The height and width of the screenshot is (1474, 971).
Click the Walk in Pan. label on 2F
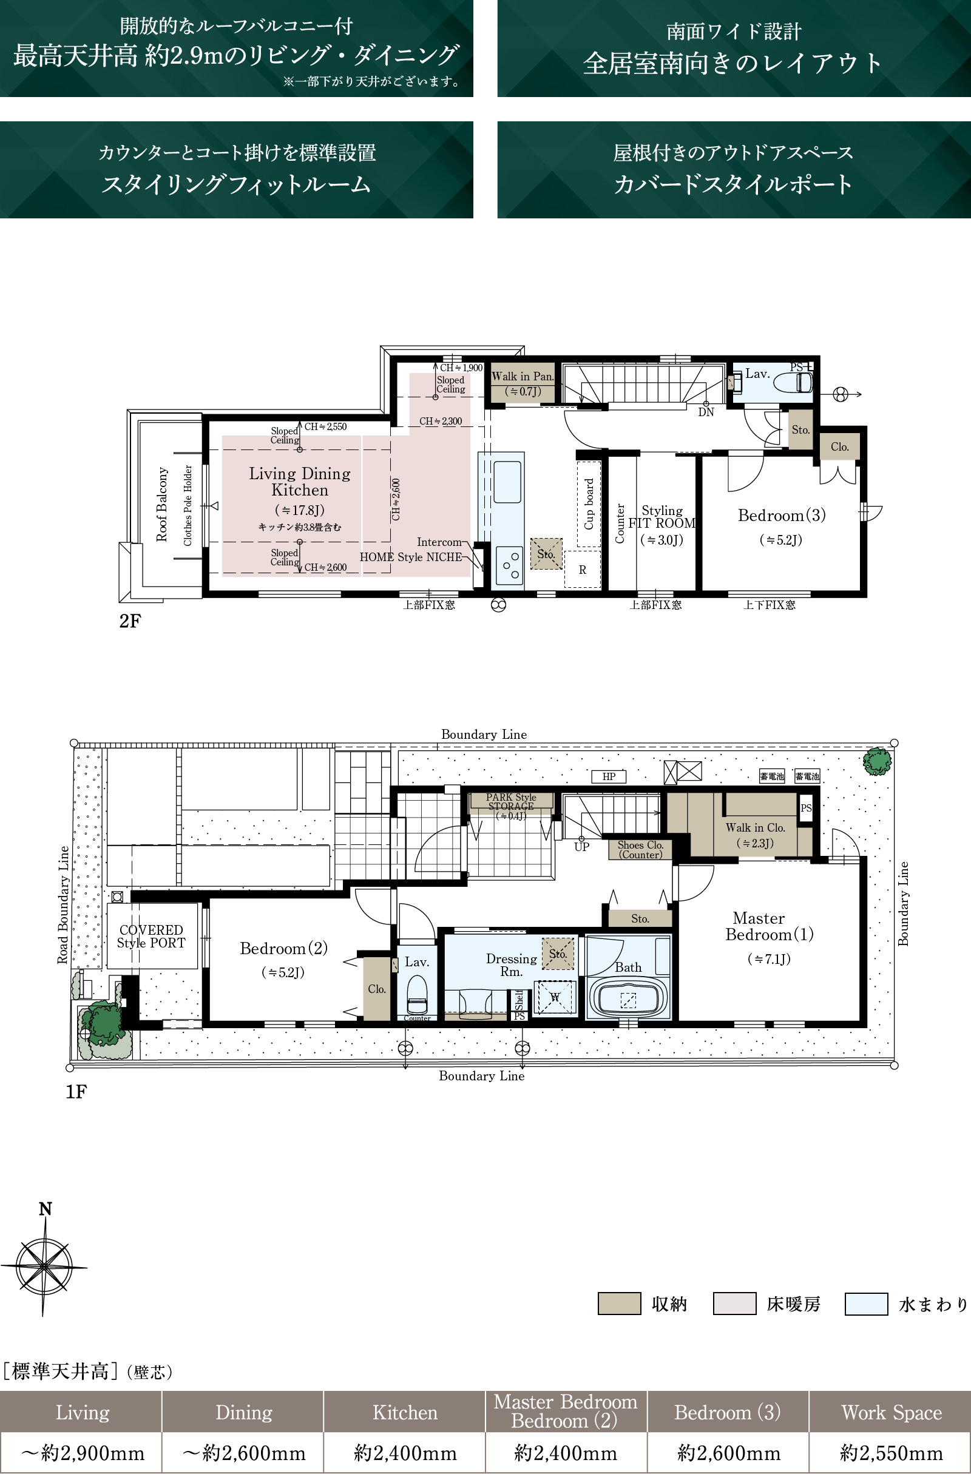click(x=523, y=377)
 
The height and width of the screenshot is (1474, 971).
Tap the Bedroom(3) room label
click(x=782, y=515)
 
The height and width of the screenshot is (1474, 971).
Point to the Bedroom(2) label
click(x=284, y=948)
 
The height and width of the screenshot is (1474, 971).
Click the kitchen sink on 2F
click(x=507, y=482)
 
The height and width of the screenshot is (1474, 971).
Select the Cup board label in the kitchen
click(x=589, y=503)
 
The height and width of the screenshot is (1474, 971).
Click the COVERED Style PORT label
click(x=151, y=937)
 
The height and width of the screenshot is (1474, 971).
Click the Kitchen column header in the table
click(x=405, y=1412)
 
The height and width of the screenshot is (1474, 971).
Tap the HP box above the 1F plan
click(x=609, y=776)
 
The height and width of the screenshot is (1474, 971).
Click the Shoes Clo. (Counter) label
click(x=640, y=850)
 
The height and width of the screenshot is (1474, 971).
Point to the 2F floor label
click(x=130, y=621)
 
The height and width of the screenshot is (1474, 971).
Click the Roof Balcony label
click(x=161, y=504)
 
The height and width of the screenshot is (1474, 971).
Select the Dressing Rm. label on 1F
click(x=511, y=965)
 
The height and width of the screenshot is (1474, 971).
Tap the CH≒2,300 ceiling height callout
click(x=441, y=421)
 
